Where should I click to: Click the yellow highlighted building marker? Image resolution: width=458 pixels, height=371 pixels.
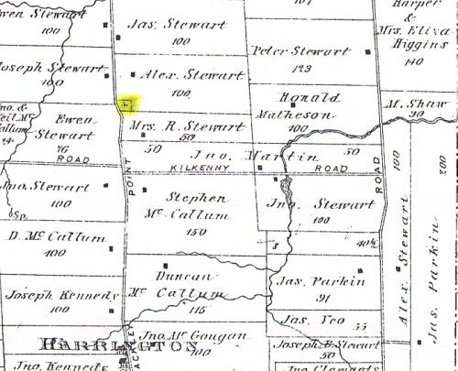click(x=127, y=105)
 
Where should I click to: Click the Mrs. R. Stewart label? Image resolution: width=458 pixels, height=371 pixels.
click(x=174, y=124)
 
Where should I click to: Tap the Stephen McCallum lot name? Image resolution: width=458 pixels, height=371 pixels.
click(x=188, y=206)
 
